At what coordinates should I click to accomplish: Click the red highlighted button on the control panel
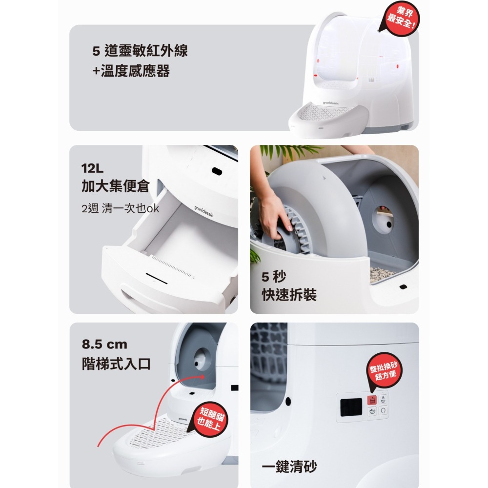click(x=372, y=400)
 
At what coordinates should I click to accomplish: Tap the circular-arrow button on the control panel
click(x=383, y=410)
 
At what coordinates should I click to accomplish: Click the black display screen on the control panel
click(x=351, y=407)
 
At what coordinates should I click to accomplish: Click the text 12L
click(x=92, y=168)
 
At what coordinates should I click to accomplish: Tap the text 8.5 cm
click(x=104, y=344)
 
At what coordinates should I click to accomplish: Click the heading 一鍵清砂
click(x=289, y=467)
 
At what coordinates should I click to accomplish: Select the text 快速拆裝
click(x=289, y=294)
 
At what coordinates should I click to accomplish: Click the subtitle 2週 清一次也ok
click(x=120, y=208)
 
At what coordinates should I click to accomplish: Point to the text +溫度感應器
click(x=131, y=71)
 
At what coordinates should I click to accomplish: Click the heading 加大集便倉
click(x=116, y=186)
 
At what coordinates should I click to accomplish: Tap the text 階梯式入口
click(x=117, y=364)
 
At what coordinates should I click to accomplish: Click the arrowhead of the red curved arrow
click(x=202, y=377)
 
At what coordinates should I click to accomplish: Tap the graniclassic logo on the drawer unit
click(x=204, y=211)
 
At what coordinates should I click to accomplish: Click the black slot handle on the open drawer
click(x=157, y=279)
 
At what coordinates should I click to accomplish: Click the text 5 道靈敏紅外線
click(x=140, y=50)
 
